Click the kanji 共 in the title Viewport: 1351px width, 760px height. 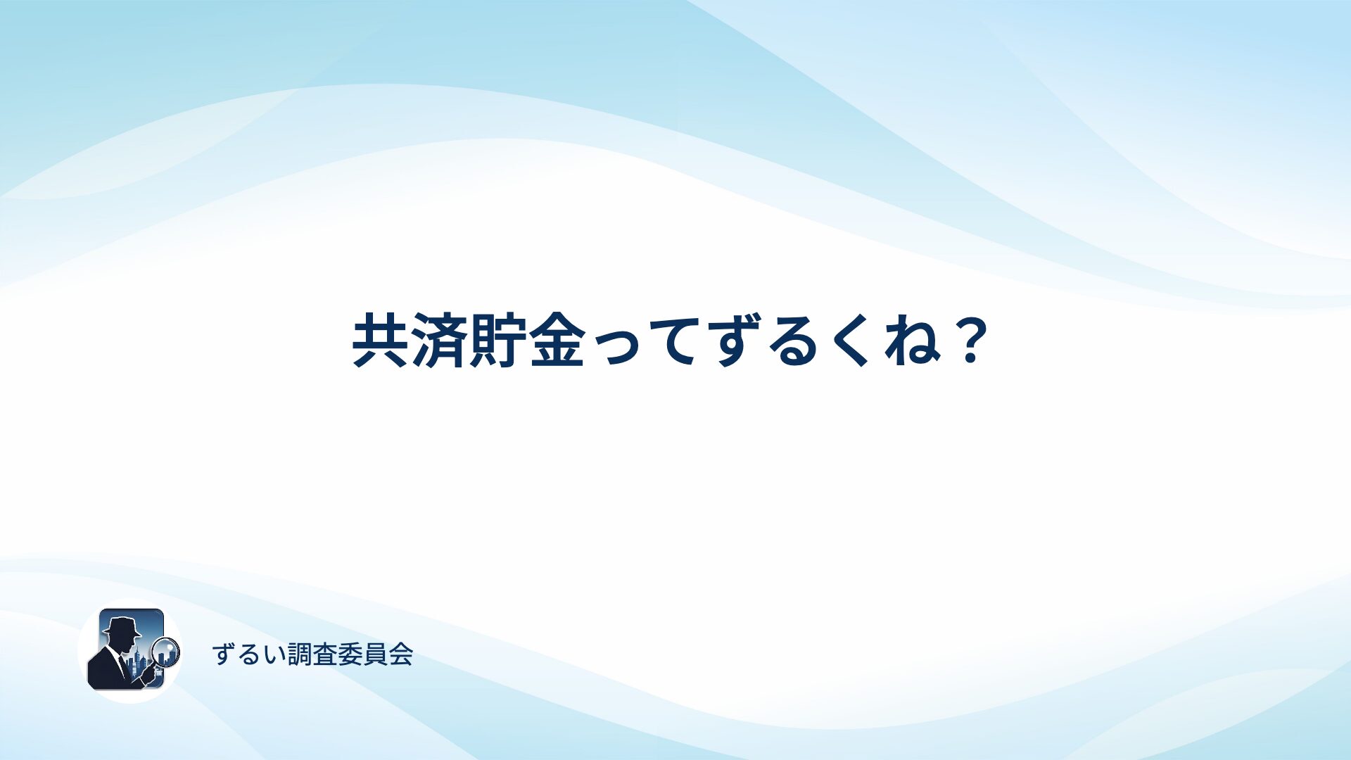tap(381, 341)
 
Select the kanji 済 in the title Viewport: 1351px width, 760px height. tap(440, 341)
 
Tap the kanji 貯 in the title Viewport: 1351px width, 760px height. tap(499, 341)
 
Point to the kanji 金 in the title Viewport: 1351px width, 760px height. tap(558, 341)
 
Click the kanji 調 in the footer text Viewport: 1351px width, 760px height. tap(300, 655)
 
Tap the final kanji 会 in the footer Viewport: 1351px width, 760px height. tap(401, 655)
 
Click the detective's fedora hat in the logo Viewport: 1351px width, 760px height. tap(122, 626)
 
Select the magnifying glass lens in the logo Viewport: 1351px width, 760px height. tap(166, 652)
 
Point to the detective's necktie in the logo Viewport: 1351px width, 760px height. tap(123, 665)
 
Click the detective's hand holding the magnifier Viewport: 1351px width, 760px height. tap(148, 674)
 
